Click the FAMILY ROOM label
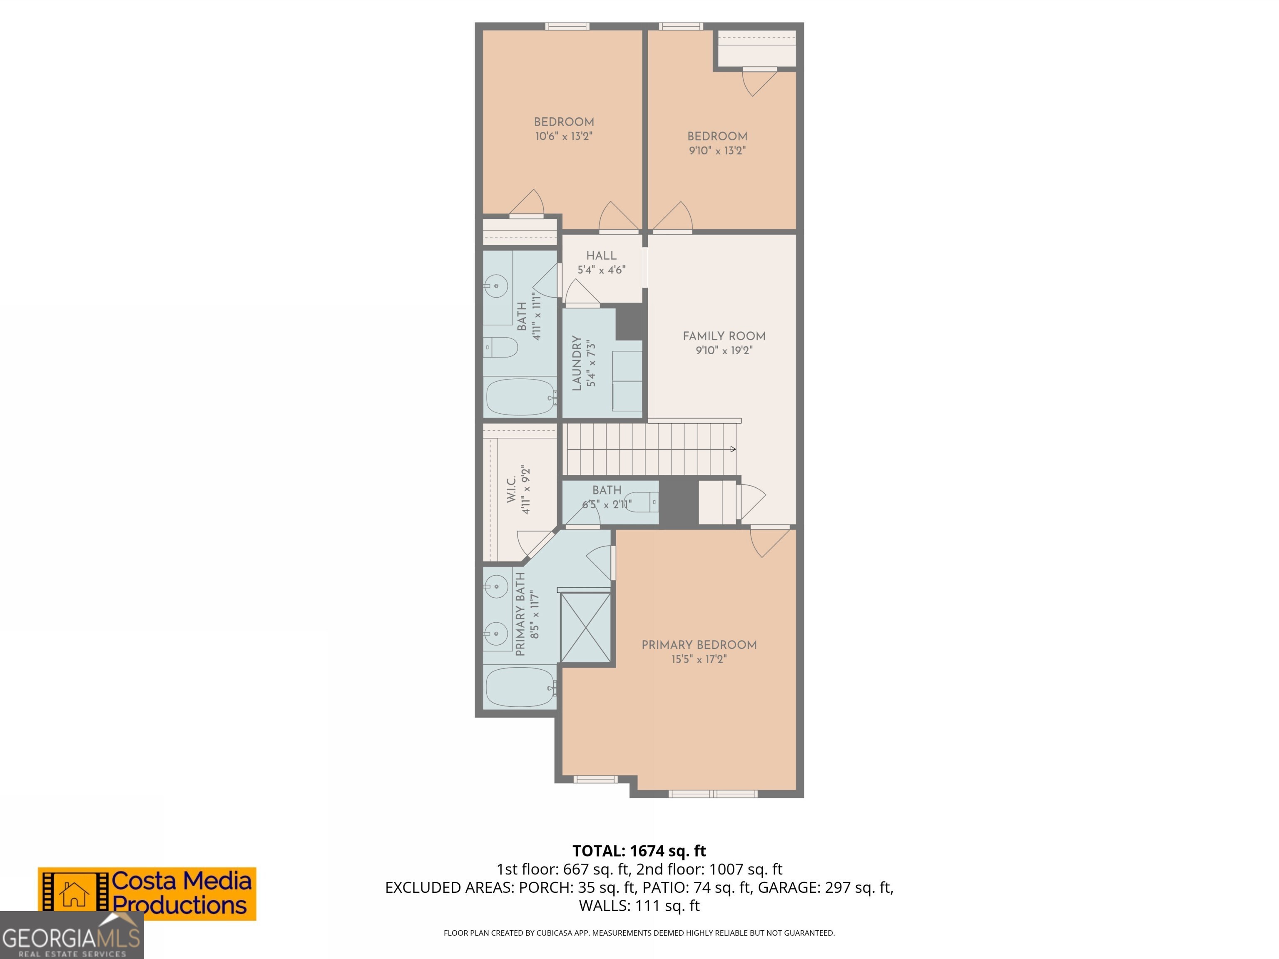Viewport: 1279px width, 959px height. pos(724,336)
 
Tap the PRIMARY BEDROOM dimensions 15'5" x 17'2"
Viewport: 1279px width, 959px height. pos(699,659)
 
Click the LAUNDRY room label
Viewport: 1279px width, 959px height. pos(577,363)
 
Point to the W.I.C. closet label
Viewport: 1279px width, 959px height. pos(512,489)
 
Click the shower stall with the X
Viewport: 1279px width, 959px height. pos(585,627)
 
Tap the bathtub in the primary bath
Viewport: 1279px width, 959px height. pos(519,687)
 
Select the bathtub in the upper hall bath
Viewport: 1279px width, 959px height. pos(519,397)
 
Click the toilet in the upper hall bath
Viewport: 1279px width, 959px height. pos(501,348)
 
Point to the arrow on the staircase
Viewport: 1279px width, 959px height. pos(733,449)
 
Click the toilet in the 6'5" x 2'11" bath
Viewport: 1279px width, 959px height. pos(643,502)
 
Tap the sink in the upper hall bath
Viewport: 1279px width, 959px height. pos(496,286)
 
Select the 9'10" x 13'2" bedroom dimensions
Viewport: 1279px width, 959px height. pos(717,151)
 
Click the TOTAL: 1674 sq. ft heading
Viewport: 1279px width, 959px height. pos(639,851)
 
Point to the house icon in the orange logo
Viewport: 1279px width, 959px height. pos(75,894)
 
